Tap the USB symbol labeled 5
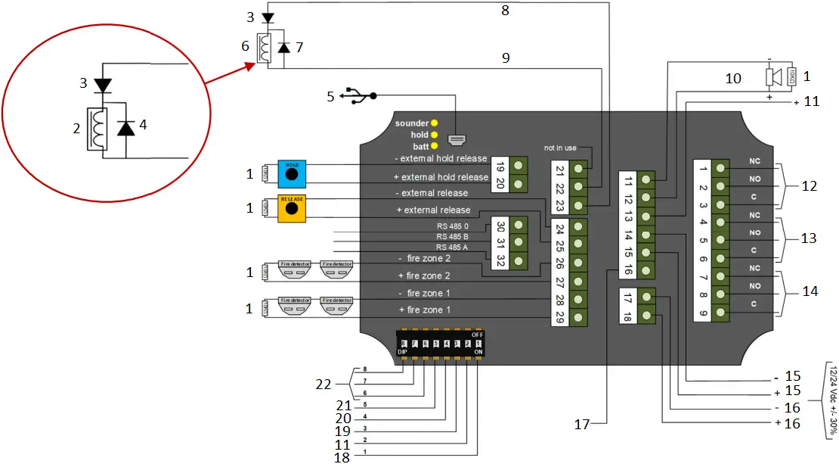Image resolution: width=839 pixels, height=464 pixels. click(x=359, y=96)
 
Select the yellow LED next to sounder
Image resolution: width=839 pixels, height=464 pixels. click(x=434, y=123)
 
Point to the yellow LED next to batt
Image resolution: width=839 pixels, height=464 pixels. click(x=434, y=146)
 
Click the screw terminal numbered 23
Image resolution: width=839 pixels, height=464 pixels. click(x=579, y=205)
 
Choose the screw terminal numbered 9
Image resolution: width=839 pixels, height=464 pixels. click(x=721, y=312)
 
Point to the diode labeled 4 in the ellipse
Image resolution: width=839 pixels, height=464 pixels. click(x=125, y=129)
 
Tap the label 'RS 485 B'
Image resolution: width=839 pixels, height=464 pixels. click(x=452, y=236)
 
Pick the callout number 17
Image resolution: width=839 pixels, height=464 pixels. click(x=580, y=425)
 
